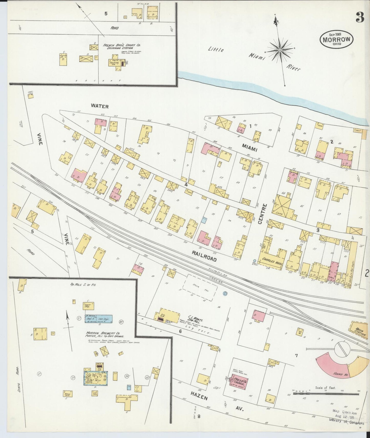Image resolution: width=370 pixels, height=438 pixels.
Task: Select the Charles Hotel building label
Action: coord(271,260)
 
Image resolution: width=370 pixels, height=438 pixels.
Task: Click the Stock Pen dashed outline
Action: coord(200,288)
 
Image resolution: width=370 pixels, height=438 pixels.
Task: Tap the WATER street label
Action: coord(100,106)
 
